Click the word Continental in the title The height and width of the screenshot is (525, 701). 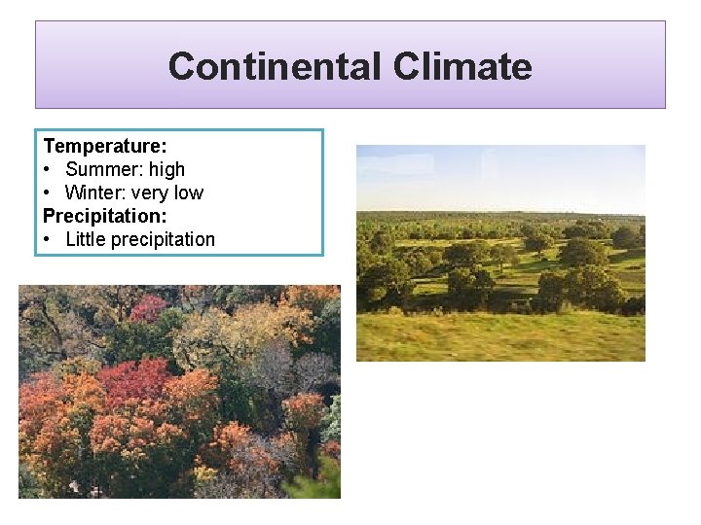click(275, 66)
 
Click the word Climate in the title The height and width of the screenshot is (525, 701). click(462, 66)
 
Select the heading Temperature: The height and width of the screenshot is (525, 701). click(105, 146)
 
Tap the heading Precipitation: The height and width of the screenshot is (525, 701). click(105, 216)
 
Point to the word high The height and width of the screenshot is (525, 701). click(166, 169)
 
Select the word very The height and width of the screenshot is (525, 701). click(151, 192)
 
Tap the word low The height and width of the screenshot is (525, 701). click(189, 192)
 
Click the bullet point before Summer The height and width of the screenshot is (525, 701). click(49, 169)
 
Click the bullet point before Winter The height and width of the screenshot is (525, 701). click(49, 192)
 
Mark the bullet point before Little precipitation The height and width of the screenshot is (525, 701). click(49, 239)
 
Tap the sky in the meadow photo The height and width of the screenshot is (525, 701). click(500, 175)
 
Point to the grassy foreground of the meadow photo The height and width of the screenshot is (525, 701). click(500, 338)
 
